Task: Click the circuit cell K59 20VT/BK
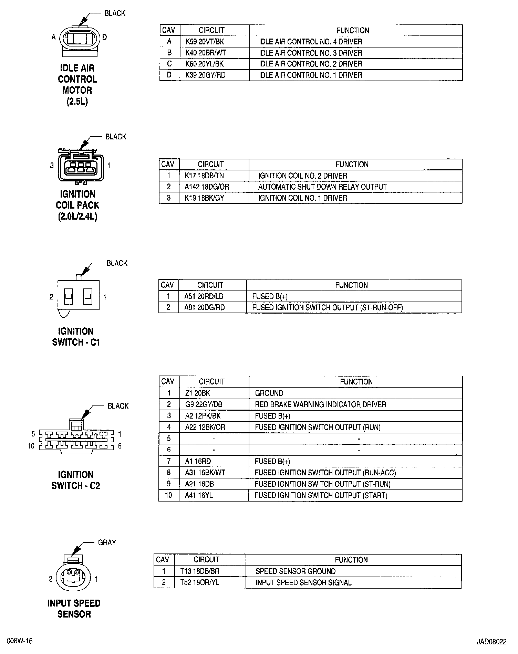[205, 42]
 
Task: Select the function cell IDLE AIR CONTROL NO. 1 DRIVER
[310, 75]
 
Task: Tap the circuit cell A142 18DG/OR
[207, 187]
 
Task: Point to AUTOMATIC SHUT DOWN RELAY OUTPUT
[322, 187]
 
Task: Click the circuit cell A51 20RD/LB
[204, 296]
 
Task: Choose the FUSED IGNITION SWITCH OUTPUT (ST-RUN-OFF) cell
[327, 307]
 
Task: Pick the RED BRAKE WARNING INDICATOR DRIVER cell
[320, 404]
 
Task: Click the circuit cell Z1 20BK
[198, 393]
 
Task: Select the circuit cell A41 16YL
[199, 495]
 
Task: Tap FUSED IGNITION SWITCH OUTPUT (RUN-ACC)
[325, 473]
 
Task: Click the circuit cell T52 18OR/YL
[199, 582]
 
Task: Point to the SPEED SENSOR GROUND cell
[295, 571]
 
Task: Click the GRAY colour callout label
[107, 542]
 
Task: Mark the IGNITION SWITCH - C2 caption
[76, 480]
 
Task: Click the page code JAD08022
[491, 642]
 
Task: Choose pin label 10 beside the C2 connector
[31, 446]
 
